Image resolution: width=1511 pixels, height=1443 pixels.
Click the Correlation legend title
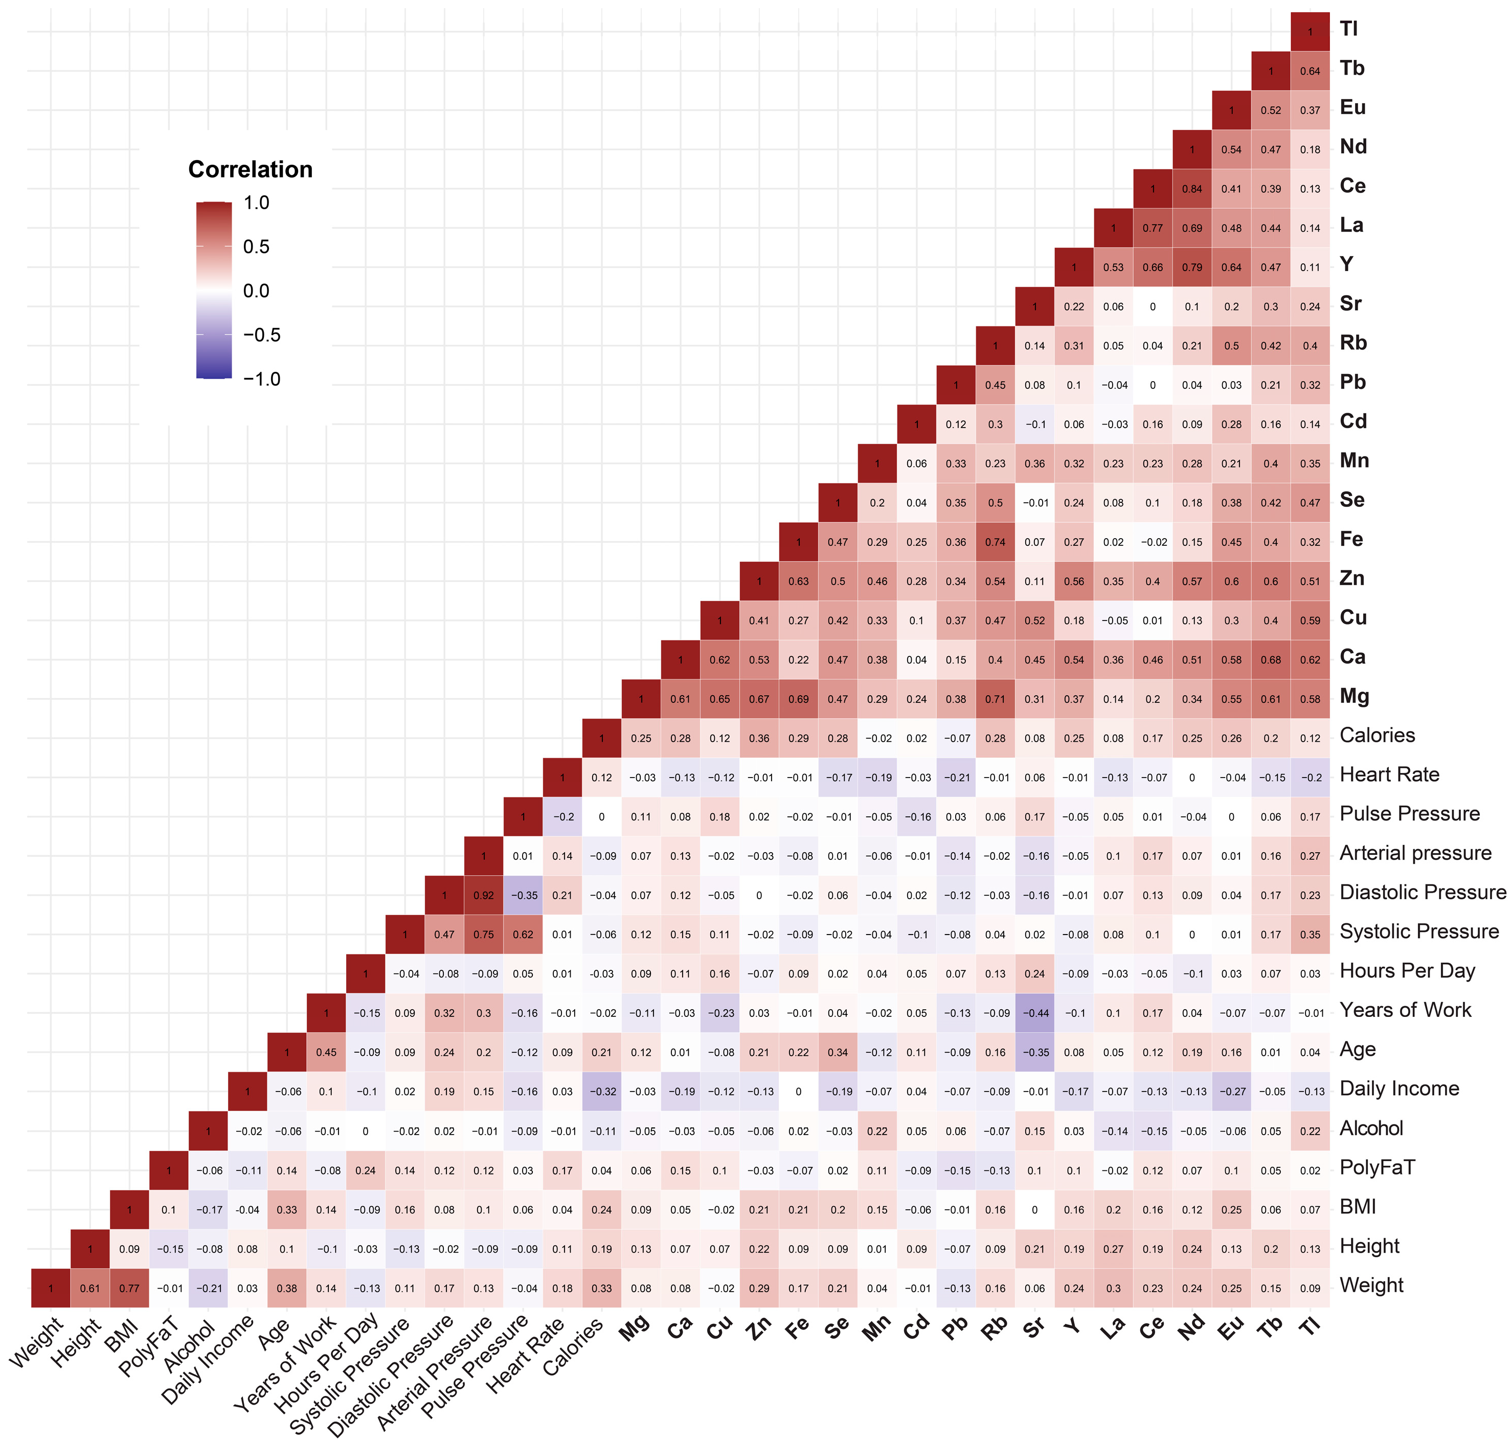[250, 169]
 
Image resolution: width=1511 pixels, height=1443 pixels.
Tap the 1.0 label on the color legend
[256, 203]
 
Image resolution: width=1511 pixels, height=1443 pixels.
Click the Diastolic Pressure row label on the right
[1422, 892]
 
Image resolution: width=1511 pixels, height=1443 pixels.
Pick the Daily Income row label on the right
[1399, 1089]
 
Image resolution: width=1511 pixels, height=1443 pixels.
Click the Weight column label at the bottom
[37, 1342]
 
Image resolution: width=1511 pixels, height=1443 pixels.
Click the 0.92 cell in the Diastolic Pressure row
[484, 895]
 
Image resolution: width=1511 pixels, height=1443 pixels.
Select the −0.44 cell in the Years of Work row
[1035, 1013]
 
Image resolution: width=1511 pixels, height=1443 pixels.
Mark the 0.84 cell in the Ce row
[1192, 189]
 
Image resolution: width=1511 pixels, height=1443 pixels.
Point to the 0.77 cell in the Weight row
[129, 1289]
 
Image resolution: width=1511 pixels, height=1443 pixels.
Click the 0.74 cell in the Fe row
[995, 542]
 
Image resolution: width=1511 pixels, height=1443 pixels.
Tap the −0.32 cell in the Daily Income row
[601, 1092]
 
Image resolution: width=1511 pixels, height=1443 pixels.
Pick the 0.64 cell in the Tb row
[1310, 72]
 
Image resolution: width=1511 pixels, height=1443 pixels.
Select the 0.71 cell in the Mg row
[995, 699]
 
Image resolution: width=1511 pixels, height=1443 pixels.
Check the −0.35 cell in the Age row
[1035, 1052]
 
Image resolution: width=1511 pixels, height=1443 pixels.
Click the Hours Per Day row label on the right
[1406, 971]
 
